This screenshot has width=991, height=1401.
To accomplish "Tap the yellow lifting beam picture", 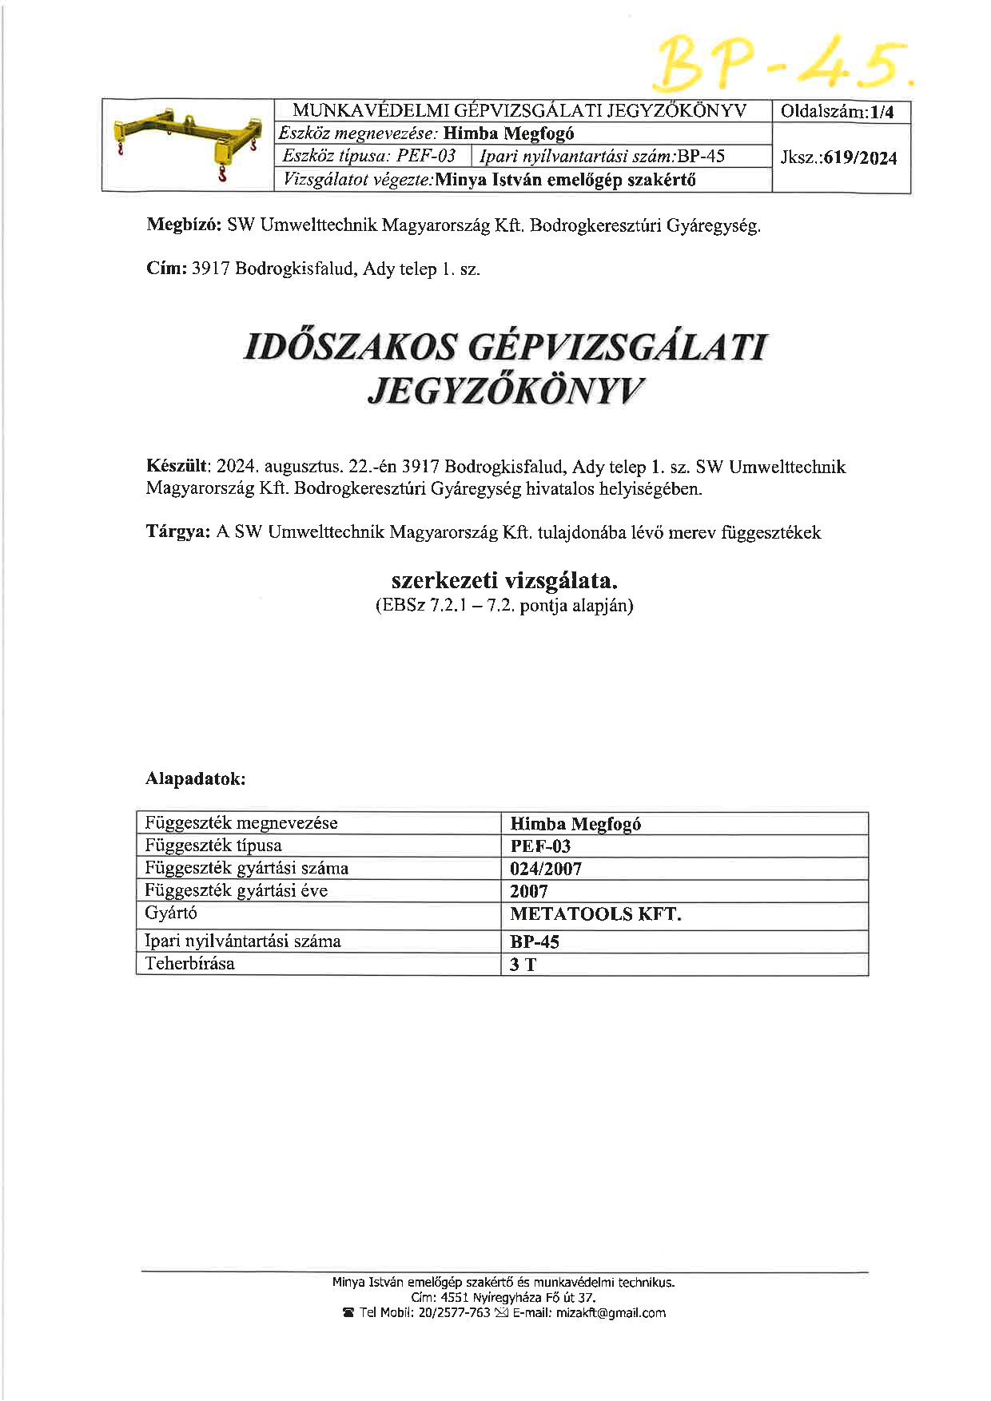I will click(188, 145).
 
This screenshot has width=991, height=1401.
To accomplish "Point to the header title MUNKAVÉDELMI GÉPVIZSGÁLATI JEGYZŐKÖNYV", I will click(519, 111).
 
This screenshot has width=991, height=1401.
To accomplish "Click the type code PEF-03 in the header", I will click(426, 156).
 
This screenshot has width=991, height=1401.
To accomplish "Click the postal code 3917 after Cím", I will click(209, 269).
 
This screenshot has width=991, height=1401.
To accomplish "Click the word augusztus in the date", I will click(303, 466).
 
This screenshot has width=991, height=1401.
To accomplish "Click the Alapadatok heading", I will click(195, 778).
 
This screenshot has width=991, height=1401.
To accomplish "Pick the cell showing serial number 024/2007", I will click(546, 869).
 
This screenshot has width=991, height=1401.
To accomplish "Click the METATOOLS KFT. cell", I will click(595, 914).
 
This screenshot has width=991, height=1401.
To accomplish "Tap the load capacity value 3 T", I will click(523, 965).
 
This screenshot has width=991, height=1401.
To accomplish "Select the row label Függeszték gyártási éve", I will click(237, 890).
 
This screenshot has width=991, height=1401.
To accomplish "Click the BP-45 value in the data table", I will click(535, 941).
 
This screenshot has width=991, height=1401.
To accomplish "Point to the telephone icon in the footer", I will click(348, 1313).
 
